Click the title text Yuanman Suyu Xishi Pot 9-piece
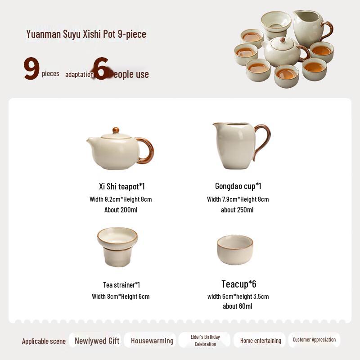(x=86, y=34)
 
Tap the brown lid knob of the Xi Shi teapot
(x=116, y=130)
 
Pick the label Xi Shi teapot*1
(x=122, y=186)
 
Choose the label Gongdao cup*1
(x=238, y=186)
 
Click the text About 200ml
(x=121, y=210)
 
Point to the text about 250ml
(x=237, y=210)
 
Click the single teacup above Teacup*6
(x=235, y=249)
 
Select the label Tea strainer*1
(x=121, y=285)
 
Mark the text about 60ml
(x=237, y=306)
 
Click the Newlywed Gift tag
(x=97, y=341)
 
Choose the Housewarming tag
(x=152, y=341)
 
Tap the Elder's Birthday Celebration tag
(x=205, y=340)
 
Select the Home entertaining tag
(x=261, y=341)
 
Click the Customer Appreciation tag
(x=314, y=340)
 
